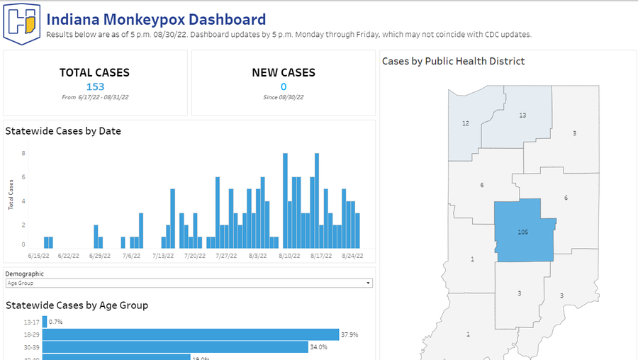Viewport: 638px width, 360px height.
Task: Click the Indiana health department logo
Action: tap(22, 23)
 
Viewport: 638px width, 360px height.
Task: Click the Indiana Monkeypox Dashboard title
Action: tap(156, 20)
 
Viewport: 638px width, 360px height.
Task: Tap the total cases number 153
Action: tap(95, 87)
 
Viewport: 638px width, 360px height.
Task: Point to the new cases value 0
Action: tap(283, 87)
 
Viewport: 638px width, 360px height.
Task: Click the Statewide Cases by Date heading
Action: tap(63, 131)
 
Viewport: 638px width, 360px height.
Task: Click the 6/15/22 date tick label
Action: tap(39, 256)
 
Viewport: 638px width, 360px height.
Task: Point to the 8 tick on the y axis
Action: tap(23, 153)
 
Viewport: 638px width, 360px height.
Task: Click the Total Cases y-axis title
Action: tap(11, 195)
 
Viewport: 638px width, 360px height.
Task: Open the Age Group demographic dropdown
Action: tap(189, 283)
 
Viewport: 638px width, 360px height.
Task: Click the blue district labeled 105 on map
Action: tap(523, 231)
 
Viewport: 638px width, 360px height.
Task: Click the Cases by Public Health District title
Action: tap(453, 62)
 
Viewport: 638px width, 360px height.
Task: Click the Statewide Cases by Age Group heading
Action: tap(77, 305)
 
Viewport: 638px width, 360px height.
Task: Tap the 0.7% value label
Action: tap(56, 322)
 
